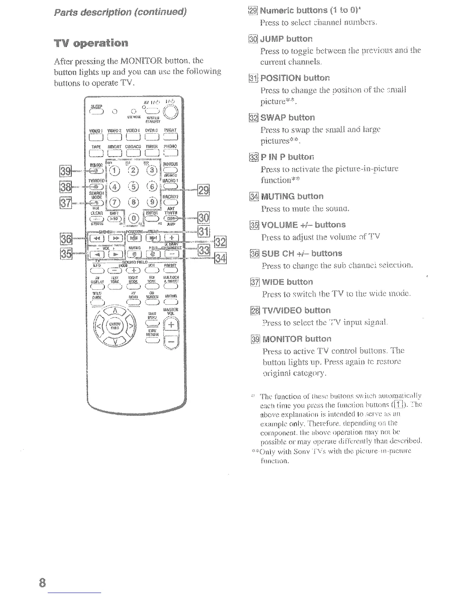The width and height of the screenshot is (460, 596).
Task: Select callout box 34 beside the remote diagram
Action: [x=220, y=259]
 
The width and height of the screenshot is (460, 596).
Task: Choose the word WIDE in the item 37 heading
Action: [x=273, y=282]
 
